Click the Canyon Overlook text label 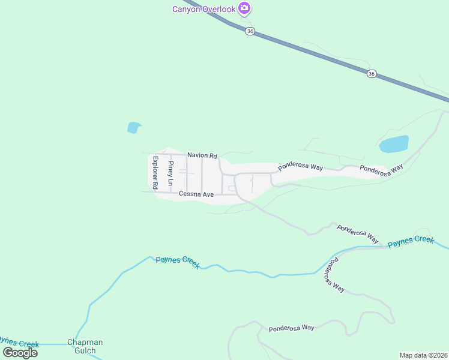point(203,8)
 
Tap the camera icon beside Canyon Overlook point(244,8)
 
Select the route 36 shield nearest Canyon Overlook point(250,31)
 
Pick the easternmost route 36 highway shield point(372,74)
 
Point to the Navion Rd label point(202,155)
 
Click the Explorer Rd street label point(155,173)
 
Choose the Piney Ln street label point(171,173)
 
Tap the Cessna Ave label point(196,194)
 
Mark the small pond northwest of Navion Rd point(134,127)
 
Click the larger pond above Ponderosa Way point(394,144)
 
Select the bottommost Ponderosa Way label point(291,328)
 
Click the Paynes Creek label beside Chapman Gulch point(19,344)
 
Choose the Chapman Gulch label point(85,346)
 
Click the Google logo point(20,353)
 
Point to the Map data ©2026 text point(424,355)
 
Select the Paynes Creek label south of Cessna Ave point(178,262)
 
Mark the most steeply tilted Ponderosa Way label point(334,275)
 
